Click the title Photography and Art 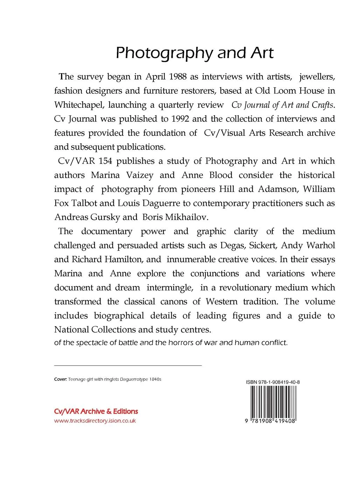(194, 53)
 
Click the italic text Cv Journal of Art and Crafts (283, 105)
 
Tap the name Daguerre (164, 203)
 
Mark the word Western (221, 301)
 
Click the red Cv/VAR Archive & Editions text (96, 411)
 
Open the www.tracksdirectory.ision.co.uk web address (95, 421)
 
